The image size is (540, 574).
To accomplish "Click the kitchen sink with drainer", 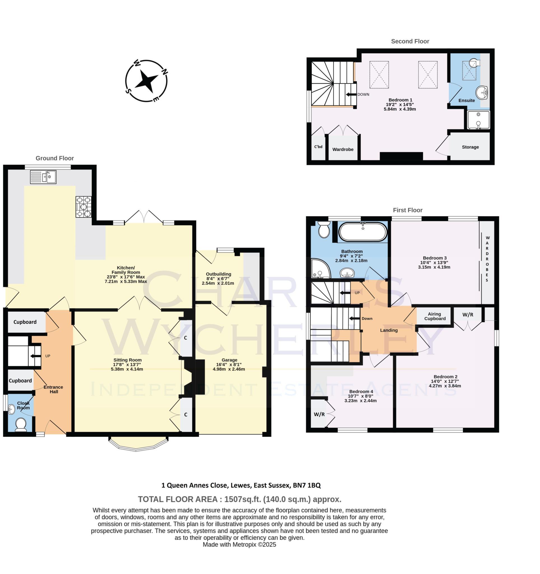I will click(43, 177).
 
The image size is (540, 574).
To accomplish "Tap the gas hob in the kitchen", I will click(84, 207).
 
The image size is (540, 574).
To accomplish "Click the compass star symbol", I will click(146, 81).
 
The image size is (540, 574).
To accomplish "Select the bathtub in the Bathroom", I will click(363, 232).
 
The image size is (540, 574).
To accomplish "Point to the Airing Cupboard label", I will click(434, 316).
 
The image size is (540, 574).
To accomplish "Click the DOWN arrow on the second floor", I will click(351, 94).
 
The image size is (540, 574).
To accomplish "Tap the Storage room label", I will click(470, 147).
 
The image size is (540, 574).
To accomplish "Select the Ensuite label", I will click(466, 101).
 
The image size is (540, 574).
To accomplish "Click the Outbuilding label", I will click(218, 274).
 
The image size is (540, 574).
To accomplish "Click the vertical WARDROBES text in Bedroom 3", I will click(487, 259).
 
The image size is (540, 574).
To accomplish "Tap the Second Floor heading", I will click(410, 41).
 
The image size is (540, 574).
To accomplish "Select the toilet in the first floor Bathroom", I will click(324, 229).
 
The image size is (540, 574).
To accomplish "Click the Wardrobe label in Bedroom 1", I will click(343, 149).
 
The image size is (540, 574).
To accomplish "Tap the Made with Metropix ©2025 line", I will click(239, 545).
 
